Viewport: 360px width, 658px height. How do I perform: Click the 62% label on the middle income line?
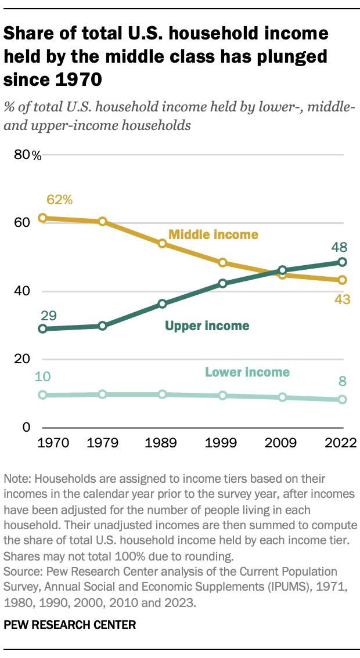coord(59,200)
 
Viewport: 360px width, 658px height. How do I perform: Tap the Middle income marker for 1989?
coord(163,243)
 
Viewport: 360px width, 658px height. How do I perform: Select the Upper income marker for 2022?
coord(342,262)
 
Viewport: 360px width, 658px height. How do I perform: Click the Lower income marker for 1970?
coord(42,395)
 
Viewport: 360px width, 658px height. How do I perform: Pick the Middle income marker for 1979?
coord(103,222)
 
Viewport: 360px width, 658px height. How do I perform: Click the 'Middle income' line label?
coord(213,234)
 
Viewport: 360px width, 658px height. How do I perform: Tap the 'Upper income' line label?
coord(207,326)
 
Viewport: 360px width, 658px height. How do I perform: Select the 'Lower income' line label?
coord(247,372)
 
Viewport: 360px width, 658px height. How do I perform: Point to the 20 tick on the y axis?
coord(21,359)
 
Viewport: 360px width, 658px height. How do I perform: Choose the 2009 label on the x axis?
coord(282,443)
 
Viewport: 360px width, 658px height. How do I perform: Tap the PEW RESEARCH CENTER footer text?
coord(70,625)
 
